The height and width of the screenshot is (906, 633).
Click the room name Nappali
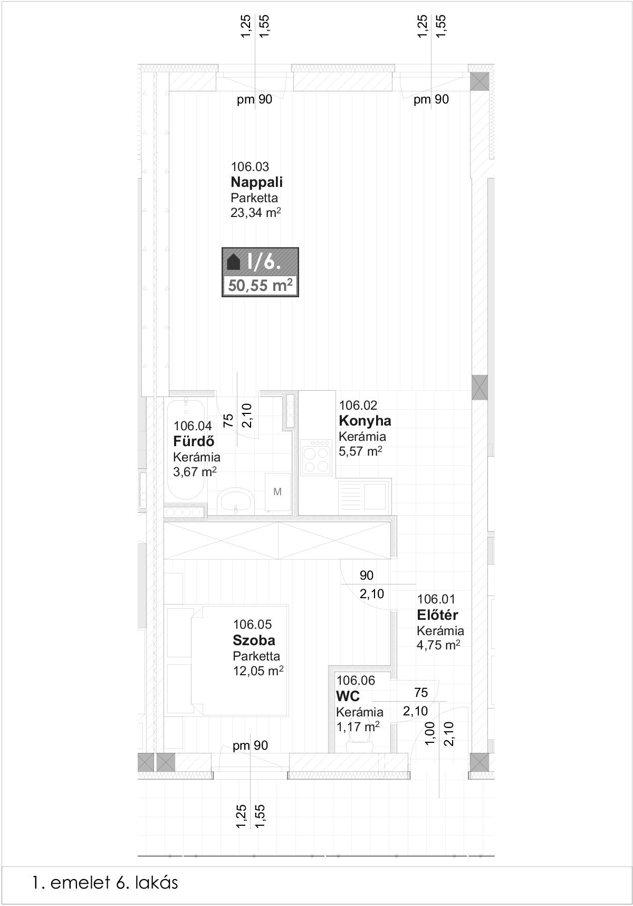pyautogui.click(x=256, y=183)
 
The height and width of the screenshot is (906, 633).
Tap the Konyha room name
pyautogui.click(x=365, y=421)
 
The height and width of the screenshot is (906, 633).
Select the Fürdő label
pyautogui.click(x=194, y=441)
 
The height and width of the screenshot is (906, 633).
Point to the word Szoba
pyautogui.click(x=254, y=640)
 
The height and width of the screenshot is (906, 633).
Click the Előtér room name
pyautogui.click(x=437, y=615)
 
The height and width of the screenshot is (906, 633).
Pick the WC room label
pyautogui.click(x=348, y=696)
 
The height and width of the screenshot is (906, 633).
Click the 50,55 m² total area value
pyautogui.click(x=260, y=286)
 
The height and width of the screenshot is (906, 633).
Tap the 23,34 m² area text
pyautogui.click(x=255, y=213)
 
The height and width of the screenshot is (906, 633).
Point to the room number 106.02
pyautogui.click(x=358, y=405)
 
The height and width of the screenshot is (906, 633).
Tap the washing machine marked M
pyautogui.click(x=277, y=492)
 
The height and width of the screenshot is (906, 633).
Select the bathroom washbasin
pyautogui.click(x=235, y=500)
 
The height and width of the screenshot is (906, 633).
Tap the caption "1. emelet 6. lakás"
pyautogui.click(x=105, y=882)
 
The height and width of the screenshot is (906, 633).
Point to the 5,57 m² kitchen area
pyautogui.click(x=360, y=452)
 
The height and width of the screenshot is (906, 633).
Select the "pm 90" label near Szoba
pyautogui.click(x=251, y=745)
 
